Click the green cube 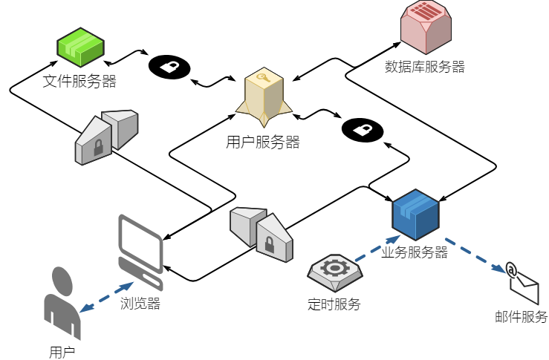pos(80,48)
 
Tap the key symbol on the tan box pos(263,77)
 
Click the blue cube pos(415,215)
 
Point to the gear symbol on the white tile pos(335,268)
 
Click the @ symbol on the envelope pos(511,270)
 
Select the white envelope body pos(526,288)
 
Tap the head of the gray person pos(62,281)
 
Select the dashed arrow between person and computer pos(106,296)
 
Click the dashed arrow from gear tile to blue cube pos(377,249)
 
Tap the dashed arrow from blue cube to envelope pos(475,255)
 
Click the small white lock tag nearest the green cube pos(169,67)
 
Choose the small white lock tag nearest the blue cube pos(363,130)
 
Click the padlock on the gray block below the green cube pos(98,148)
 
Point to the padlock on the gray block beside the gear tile pos(270,244)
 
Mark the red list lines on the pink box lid pos(426,11)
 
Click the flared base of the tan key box pos(264,115)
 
